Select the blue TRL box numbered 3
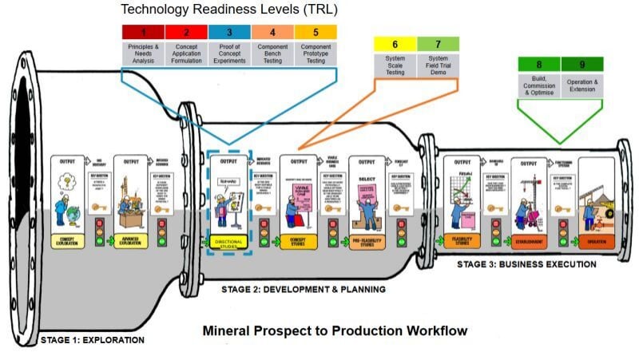pyautogui.click(x=229, y=33)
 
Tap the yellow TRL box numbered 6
pyautogui.click(x=394, y=44)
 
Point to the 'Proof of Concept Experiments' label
pyautogui.click(x=229, y=53)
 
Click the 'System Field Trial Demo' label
pyautogui.click(x=437, y=65)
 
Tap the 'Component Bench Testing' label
pyautogui.click(x=272, y=53)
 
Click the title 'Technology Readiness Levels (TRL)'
pyautogui.click(x=228, y=10)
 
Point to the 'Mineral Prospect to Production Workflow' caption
pyautogui.click(x=335, y=330)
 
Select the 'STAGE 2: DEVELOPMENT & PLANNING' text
pyautogui.click(x=304, y=288)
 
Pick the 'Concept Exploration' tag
pyautogui.click(x=69, y=239)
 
